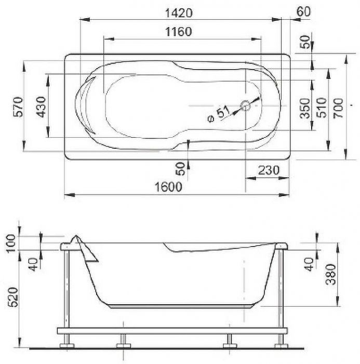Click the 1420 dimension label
[x=179, y=13]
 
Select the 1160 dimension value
[x=178, y=32]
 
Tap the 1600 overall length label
[x=168, y=187]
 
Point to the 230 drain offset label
[x=269, y=170]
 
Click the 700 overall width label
[x=338, y=108]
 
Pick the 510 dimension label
[x=322, y=108]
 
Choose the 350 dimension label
[x=305, y=108]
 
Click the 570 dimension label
[x=18, y=107]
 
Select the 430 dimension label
[x=41, y=107]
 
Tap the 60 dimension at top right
[x=303, y=11]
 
